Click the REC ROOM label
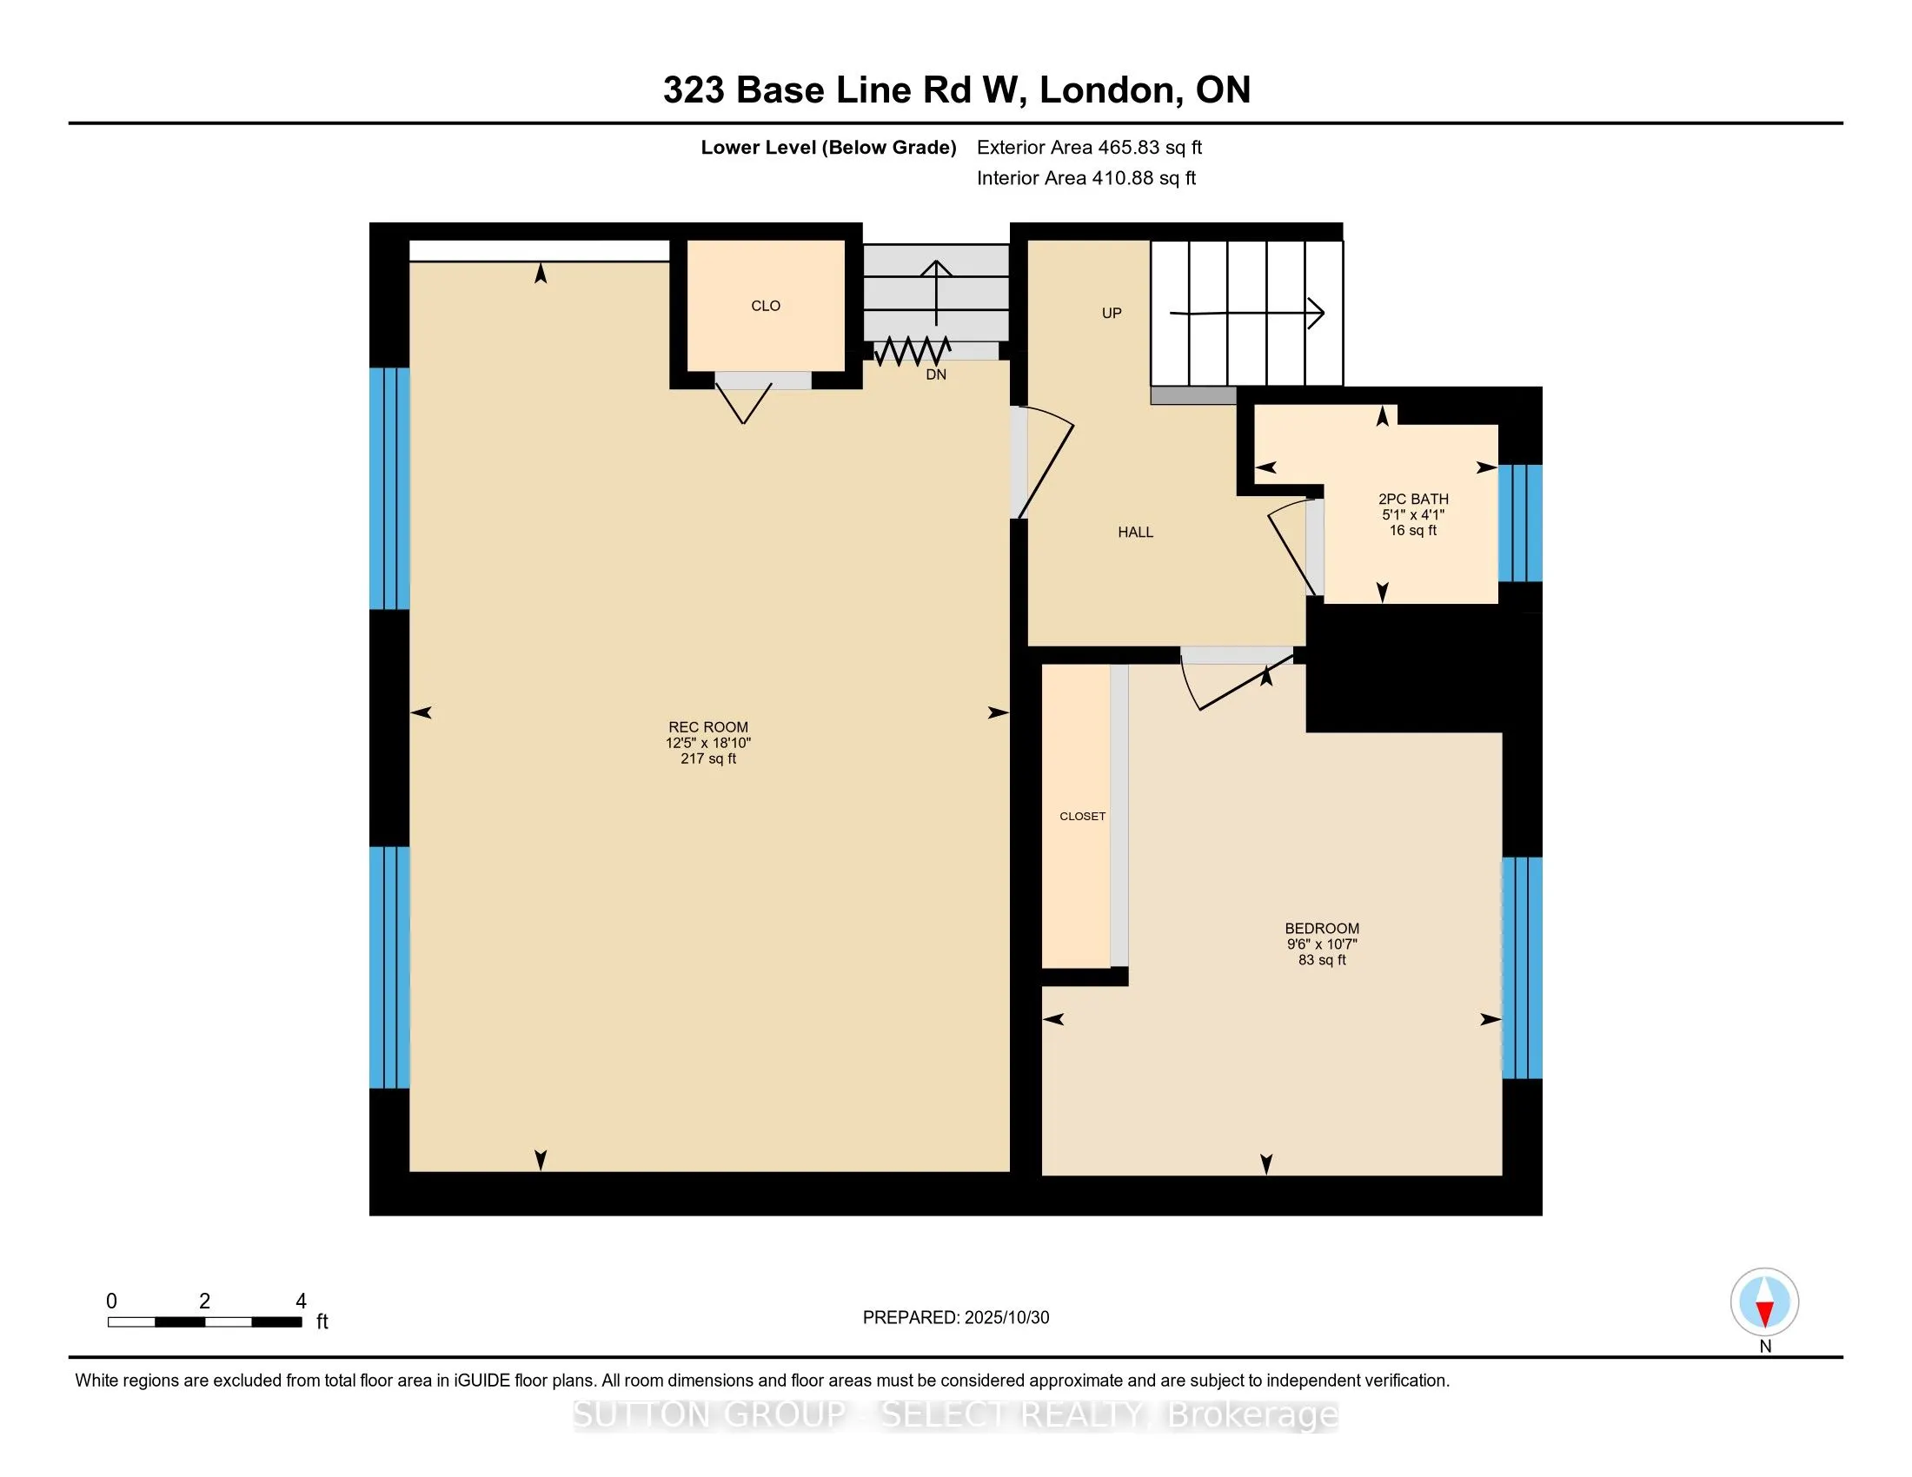point(707,727)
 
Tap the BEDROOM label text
point(1321,929)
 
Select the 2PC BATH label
point(1413,499)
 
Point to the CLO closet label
point(765,305)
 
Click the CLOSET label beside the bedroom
point(1082,817)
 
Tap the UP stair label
point(1111,314)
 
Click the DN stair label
point(936,374)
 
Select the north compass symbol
point(1764,1302)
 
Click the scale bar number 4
point(301,1301)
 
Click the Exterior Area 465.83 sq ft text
point(1089,148)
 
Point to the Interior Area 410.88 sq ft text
point(1085,178)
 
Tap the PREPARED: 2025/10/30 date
point(955,1318)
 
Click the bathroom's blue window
point(1520,523)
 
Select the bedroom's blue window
point(1522,967)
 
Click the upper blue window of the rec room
point(388,487)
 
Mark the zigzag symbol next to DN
point(912,352)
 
